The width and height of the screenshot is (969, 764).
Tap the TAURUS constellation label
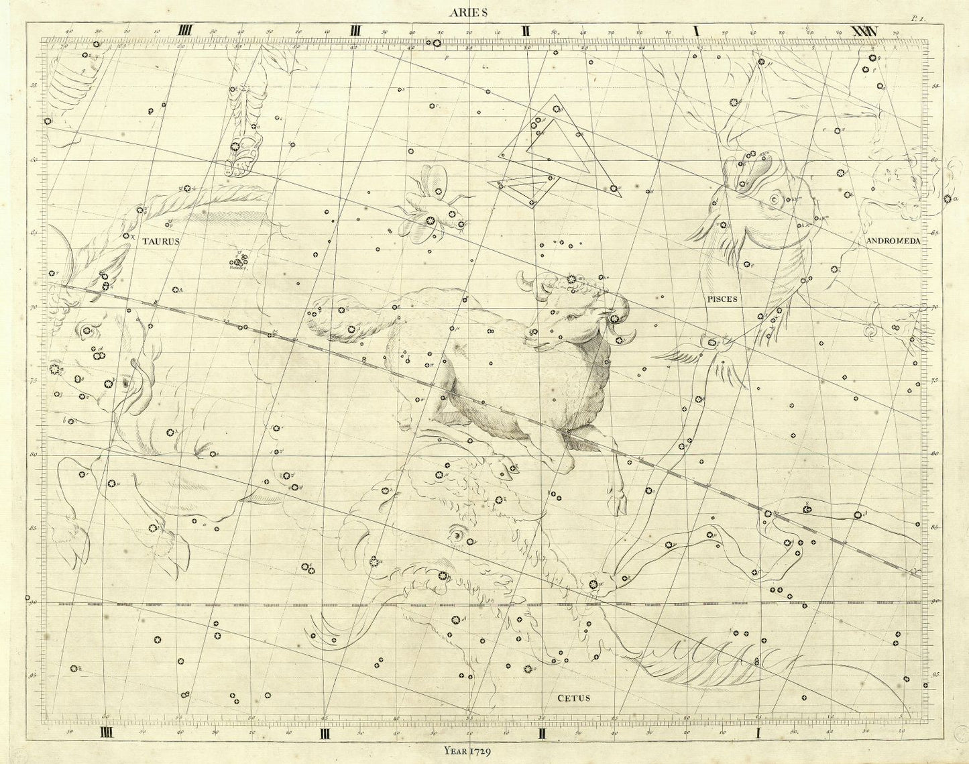tap(160, 243)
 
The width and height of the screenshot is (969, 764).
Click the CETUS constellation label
tap(574, 698)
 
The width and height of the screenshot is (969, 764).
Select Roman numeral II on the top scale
tap(527, 31)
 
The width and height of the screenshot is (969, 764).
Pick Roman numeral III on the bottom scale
tap(326, 733)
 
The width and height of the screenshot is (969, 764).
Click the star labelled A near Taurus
tap(176, 290)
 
